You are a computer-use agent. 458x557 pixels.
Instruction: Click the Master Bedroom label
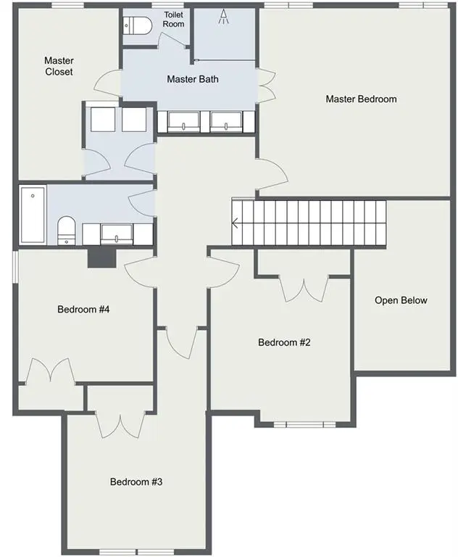pos(361,99)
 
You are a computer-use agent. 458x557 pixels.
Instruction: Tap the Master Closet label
pos(59,66)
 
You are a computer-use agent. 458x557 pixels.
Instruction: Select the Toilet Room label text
pos(174,20)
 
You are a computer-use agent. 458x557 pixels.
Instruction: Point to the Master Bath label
pos(192,79)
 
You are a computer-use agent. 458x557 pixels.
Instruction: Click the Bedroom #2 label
pos(284,342)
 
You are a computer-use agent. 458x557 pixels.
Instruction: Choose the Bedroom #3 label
pos(136,482)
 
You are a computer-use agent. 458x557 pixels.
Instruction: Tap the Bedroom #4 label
pos(83,310)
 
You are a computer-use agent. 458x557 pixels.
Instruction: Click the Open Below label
pos(401,300)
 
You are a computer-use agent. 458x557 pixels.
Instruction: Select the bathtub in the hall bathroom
pos(33,215)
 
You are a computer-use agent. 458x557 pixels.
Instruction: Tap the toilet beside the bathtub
pos(66,229)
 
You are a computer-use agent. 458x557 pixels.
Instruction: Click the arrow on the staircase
pos(237,223)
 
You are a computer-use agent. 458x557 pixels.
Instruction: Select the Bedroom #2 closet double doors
pos(304,288)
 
